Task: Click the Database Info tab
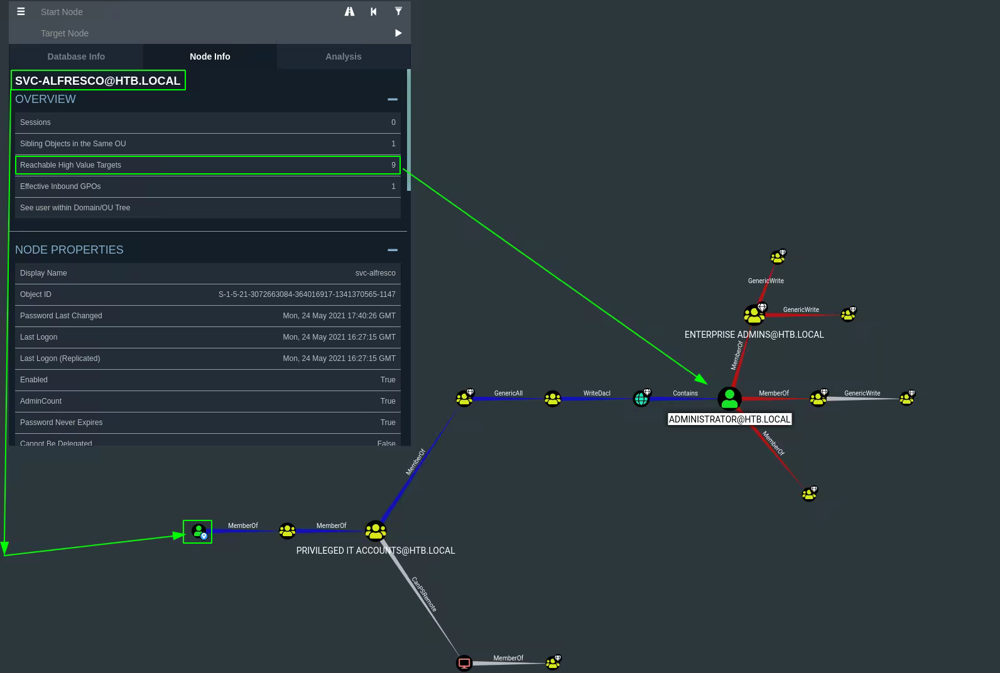coord(76,57)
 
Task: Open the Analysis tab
coord(343,57)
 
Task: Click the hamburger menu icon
coord(21,11)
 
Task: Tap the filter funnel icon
coord(398,11)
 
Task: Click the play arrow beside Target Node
coord(398,33)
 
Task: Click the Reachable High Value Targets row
coord(207,165)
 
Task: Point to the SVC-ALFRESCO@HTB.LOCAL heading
coord(98,80)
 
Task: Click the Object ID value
coord(307,294)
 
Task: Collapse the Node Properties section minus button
coord(393,250)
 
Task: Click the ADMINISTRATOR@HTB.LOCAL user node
coord(729,399)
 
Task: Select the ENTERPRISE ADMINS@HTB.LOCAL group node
coord(753,314)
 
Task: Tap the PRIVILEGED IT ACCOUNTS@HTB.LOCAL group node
coord(376,531)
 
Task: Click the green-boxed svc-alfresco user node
coord(198,532)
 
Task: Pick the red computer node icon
coord(464,663)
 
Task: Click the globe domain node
coord(641,399)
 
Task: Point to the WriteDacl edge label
coord(597,394)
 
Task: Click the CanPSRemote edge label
coord(424,594)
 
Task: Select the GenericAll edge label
coord(508,394)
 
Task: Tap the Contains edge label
coord(685,394)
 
